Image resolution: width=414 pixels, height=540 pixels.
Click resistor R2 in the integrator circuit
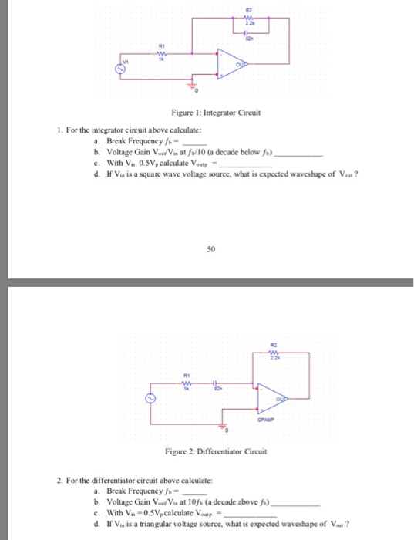(x=248, y=19)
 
